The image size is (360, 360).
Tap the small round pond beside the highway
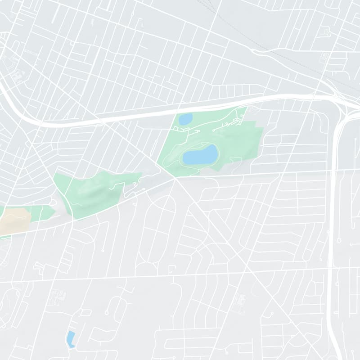(x=185, y=119)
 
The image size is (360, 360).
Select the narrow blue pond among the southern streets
(x=71, y=338)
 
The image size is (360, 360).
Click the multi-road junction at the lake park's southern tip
(x=175, y=177)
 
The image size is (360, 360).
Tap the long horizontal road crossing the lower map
(x=180, y=273)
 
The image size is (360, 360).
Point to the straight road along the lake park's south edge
(x=252, y=173)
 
